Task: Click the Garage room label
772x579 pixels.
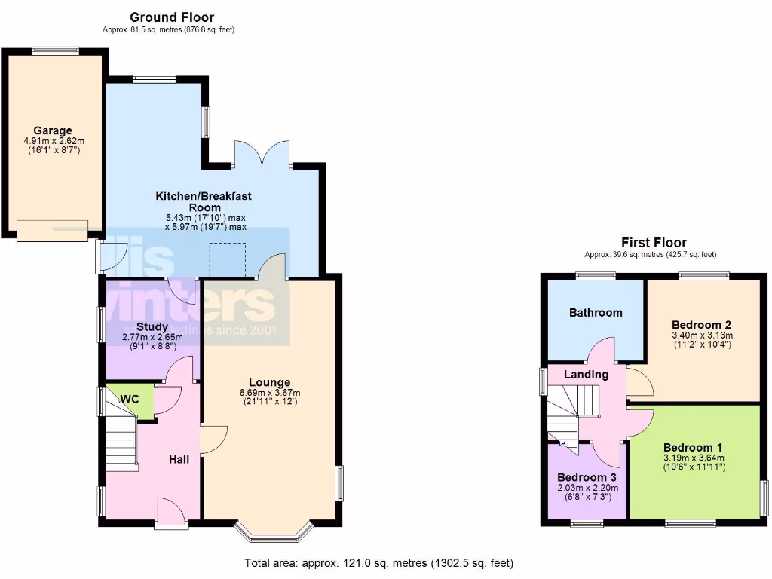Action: [x=52, y=130]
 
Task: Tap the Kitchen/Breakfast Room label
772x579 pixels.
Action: [x=204, y=201]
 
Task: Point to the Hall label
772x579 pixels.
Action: [x=179, y=459]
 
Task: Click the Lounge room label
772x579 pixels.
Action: [x=269, y=382]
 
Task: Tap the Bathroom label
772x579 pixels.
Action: [x=596, y=312]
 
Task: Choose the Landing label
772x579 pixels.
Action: [x=587, y=375]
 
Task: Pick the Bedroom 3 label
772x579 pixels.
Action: [x=587, y=477]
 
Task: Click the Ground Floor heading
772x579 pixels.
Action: [x=172, y=17]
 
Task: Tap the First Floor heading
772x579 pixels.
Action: [x=654, y=242]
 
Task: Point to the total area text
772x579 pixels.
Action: [x=379, y=563]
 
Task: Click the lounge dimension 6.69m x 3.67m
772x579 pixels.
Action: [x=269, y=393]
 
